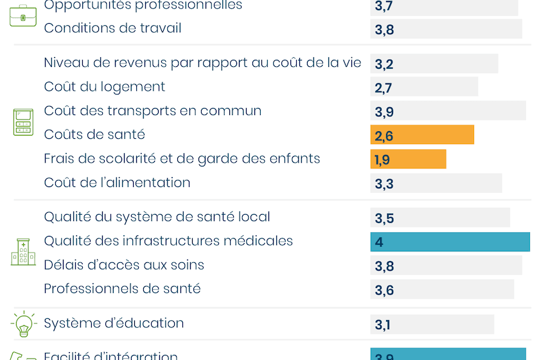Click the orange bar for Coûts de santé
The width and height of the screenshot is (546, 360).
point(422,135)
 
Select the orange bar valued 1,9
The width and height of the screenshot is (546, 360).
point(408,159)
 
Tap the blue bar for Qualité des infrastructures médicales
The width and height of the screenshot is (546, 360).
point(450,242)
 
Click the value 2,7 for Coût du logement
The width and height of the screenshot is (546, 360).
point(383,88)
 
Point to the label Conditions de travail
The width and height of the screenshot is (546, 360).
point(112,28)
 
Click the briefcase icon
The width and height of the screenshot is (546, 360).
point(23,15)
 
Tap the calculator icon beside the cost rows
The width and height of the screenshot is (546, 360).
point(23,122)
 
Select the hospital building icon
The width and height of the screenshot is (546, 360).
point(23,253)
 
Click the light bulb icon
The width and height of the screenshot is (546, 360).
point(23,323)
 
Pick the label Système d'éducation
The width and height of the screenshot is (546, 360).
point(114,323)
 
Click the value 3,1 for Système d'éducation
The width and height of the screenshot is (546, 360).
point(382,325)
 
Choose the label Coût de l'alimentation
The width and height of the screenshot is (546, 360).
point(117,183)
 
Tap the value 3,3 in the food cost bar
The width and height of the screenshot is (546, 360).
point(384,184)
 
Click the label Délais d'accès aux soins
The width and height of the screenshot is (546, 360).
point(124,265)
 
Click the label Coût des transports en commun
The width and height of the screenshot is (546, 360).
point(153,111)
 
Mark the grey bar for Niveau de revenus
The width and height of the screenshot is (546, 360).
point(434,64)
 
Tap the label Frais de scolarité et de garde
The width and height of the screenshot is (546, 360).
point(182,159)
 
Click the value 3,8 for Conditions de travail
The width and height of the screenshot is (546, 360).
point(384,30)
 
